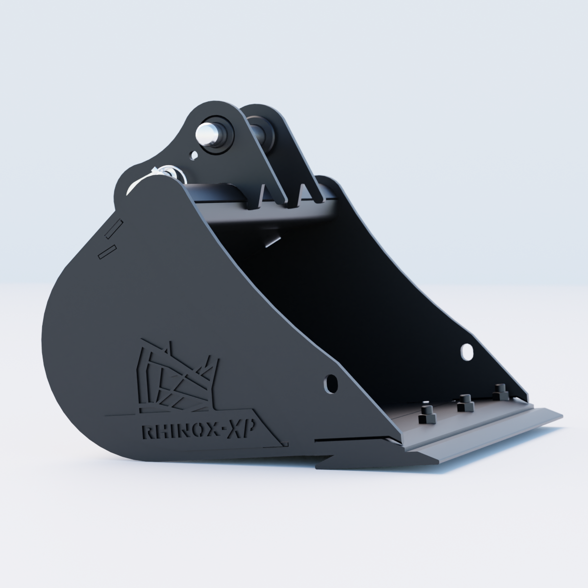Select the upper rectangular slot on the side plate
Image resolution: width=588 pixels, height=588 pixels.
click(114, 229)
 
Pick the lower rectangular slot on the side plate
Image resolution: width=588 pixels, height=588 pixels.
click(107, 252)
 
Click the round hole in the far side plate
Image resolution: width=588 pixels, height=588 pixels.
click(467, 352)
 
